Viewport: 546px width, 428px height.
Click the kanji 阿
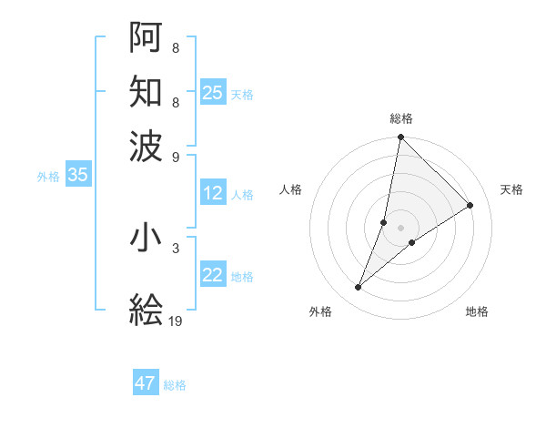(x=147, y=37)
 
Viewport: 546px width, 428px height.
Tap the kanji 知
(x=147, y=91)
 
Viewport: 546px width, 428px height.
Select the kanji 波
(x=147, y=145)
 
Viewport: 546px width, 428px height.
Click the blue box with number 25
(x=213, y=93)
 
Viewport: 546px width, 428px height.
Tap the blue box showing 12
(x=213, y=193)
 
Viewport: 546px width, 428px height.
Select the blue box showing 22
(x=213, y=275)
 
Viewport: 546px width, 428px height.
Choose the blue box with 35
(x=77, y=176)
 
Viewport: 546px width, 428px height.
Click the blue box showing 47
(x=146, y=383)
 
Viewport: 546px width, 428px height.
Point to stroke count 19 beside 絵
(x=176, y=321)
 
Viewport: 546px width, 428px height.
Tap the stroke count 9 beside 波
(x=175, y=156)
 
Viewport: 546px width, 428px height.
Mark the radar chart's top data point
(x=400, y=138)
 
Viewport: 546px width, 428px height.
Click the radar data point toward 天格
(x=470, y=205)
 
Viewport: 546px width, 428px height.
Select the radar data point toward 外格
(x=359, y=288)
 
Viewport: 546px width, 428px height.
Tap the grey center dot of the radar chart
(x=400, y=227)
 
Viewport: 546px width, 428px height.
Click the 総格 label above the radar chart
(x=400, y=118)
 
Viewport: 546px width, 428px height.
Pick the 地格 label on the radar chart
(x=477, y=311)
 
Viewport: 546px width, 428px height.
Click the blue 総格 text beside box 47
(x=175, y=385)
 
